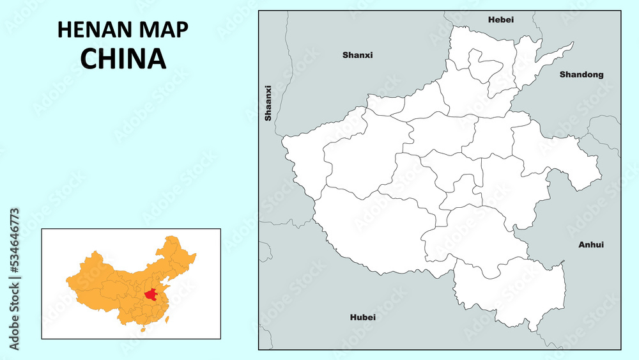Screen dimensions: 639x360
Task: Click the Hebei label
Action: (x=501, y=20)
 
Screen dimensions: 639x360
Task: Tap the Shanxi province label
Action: (x=357, y=55)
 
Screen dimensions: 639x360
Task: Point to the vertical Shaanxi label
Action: (x=268, y=103)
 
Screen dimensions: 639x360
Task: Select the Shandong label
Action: (x=581, y=75)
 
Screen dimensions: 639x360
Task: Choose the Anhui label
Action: (x=590, y=244)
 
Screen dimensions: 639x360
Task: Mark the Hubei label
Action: (x=363, y=317)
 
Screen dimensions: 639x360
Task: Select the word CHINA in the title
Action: (x=123, y=58)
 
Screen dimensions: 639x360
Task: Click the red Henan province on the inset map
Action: (x=151, y=295)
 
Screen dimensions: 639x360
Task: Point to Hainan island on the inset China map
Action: (x=142, y=330)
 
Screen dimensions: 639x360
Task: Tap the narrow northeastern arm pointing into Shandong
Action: (x=543, y=61)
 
